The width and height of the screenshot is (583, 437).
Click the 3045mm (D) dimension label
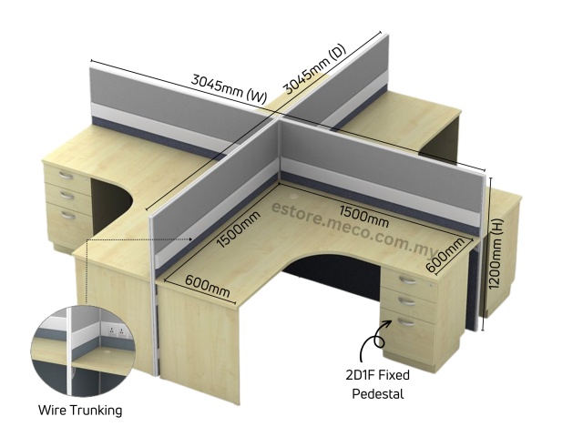pos(314,68)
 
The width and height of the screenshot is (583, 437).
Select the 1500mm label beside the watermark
pos(363,216)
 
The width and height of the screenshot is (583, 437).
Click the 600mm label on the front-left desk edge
pos(208,282)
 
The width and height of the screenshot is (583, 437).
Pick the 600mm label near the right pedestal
pos(447,252)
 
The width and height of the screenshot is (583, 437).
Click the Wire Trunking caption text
pos(79,411)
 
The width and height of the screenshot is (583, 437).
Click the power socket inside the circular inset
pos(116,331)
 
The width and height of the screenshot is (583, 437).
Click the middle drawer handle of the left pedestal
pos(66,193)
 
